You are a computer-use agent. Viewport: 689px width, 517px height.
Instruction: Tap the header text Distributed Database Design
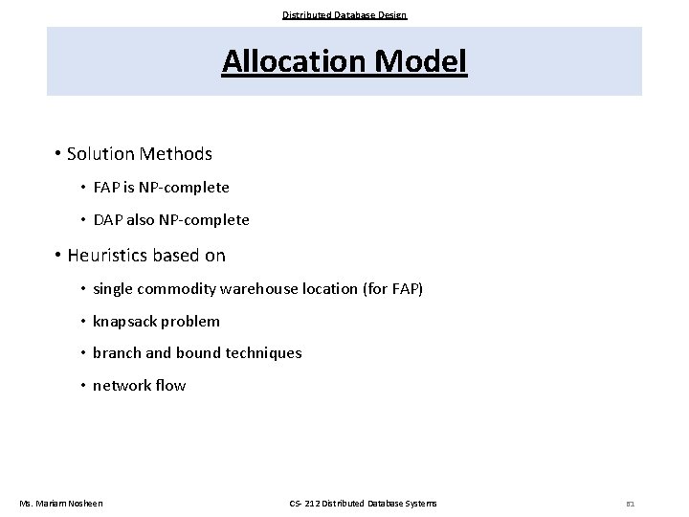[x=344, y=14]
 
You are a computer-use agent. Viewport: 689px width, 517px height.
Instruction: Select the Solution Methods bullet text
[x=140, y=153]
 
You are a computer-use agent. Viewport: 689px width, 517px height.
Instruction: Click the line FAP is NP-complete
[x=161, y=188]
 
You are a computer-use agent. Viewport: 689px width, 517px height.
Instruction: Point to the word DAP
[x=108, y=220]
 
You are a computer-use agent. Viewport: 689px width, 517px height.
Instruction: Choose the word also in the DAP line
[x=144, y=220]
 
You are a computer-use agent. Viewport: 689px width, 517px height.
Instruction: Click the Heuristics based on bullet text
[x=146, y=256]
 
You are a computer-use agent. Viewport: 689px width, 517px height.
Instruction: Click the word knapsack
[x=124, y=322]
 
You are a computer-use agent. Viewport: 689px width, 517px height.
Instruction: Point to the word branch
[x=117, y=353]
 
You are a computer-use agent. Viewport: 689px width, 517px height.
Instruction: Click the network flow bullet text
[x=139, y=386]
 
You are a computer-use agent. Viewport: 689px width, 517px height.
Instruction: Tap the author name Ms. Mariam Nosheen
[x=61, y=504]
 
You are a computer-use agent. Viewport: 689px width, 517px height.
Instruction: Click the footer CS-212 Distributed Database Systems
[x=363, y=504]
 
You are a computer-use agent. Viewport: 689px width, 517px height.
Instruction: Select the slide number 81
[x=630, y=504]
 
